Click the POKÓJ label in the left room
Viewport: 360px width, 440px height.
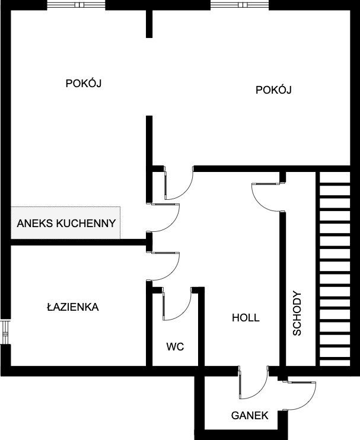click(x=84, y=84)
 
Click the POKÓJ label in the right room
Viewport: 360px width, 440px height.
click(x=275, y=90)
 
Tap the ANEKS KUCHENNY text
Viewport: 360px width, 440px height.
click(x=66, y=224)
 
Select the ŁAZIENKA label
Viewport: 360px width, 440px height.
click(x=73, y=307)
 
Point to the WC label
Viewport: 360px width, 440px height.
click(x=175, y=346)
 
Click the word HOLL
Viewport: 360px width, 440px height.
click(x=246, y=318)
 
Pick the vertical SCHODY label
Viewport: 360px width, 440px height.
click(x=298, y=314)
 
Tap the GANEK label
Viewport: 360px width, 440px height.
click(x=250, y=416)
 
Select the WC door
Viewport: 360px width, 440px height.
click(x=176, y=304)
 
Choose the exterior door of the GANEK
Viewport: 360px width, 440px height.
click(x=301, y=394)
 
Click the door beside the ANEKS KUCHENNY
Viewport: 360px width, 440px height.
click(x=167, y=218)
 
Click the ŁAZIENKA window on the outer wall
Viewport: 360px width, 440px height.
click(x=5, y=333)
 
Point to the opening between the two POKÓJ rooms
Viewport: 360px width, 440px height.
click(x=149, y=77)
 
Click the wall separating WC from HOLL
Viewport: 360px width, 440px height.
click(x=200, y=329)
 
